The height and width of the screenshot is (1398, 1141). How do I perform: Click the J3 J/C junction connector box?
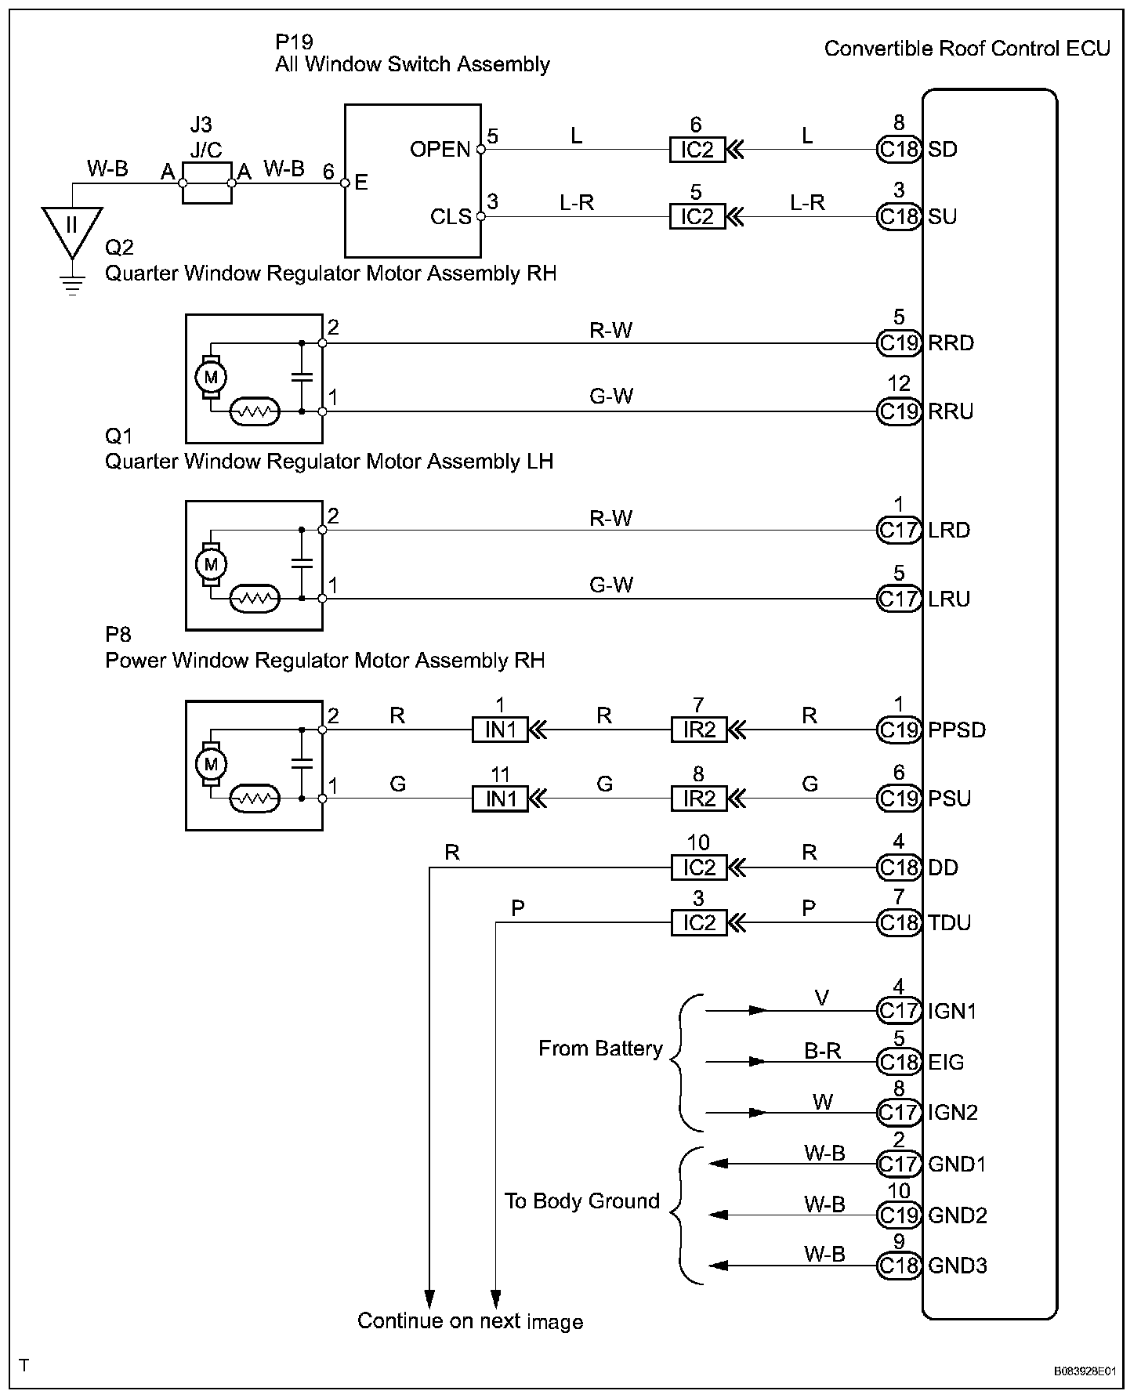(x=207, y=183)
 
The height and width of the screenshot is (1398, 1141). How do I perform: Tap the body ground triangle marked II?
(x=71, y=227)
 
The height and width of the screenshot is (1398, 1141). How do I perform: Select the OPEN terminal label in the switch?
(x=440, y=149)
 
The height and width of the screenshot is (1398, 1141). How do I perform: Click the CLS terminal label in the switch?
(x=451, y=216)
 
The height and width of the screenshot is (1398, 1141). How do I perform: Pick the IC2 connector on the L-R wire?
(x=697, y=216)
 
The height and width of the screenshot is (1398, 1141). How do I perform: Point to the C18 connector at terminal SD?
(x=898, y=149)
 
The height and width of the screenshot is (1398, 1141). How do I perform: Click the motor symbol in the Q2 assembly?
(x=210, y=377)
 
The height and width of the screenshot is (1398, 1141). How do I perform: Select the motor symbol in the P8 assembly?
(x=210, y=764)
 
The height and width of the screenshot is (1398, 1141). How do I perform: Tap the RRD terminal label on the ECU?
(x=951, y=343)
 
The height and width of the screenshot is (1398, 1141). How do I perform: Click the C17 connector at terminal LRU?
(x=898, y=599)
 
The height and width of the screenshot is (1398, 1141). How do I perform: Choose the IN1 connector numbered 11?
(x=500, y=799)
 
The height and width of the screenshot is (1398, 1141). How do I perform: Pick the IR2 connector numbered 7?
(x=699, y=730)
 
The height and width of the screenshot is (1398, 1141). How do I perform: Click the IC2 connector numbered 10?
(x=699, y=867)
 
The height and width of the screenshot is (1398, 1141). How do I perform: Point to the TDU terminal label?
(x=949, y=923)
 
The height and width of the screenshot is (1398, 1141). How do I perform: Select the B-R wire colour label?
(x=822, y=1051)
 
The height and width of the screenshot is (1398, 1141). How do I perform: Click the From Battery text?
(x=600, y=1048)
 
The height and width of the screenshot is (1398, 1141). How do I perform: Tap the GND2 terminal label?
(x=957, y=1215)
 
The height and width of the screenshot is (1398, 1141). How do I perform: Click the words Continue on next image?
(x=470, y=1321)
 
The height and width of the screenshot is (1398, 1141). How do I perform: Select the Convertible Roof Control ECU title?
(x=967, y=49)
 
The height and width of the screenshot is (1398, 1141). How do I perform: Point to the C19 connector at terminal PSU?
(x=898, y=799)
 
